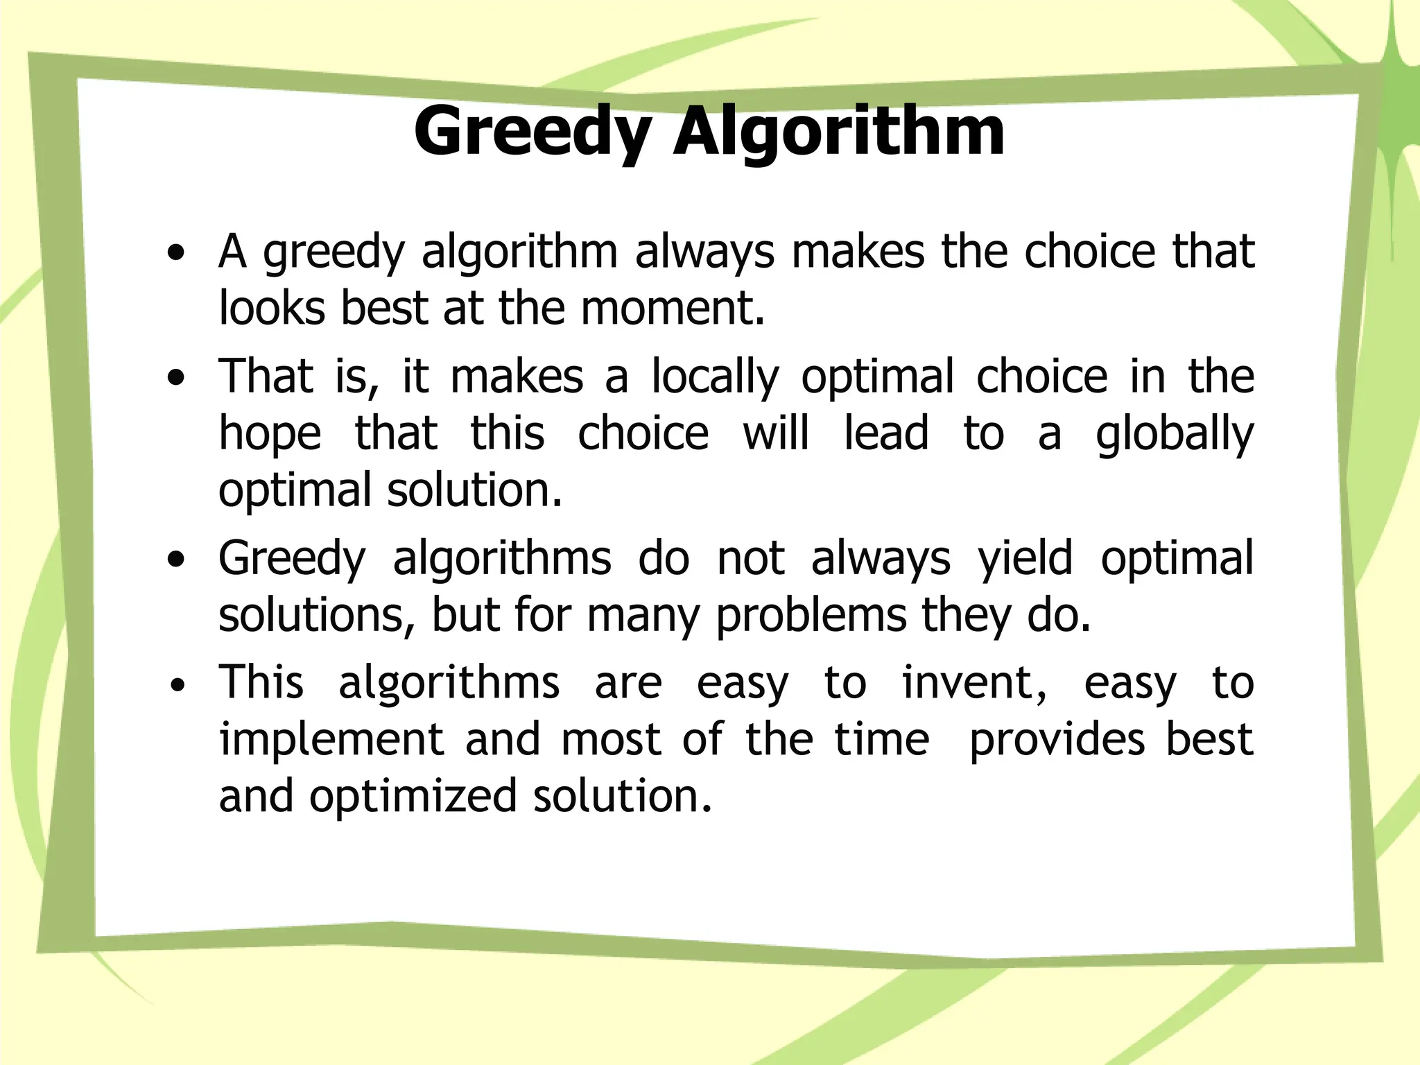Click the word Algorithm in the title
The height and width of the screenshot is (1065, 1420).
click(x=838, y=132)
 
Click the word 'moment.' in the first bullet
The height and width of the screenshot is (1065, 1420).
click(x=673, y=309)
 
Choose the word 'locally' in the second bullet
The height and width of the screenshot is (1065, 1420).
click(x=715, y=378)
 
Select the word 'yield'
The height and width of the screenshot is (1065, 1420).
click(x=1025, y=560)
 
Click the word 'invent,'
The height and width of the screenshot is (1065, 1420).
click(x=974, y=684)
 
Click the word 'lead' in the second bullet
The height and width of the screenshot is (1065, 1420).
click(x=885, y=434)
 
